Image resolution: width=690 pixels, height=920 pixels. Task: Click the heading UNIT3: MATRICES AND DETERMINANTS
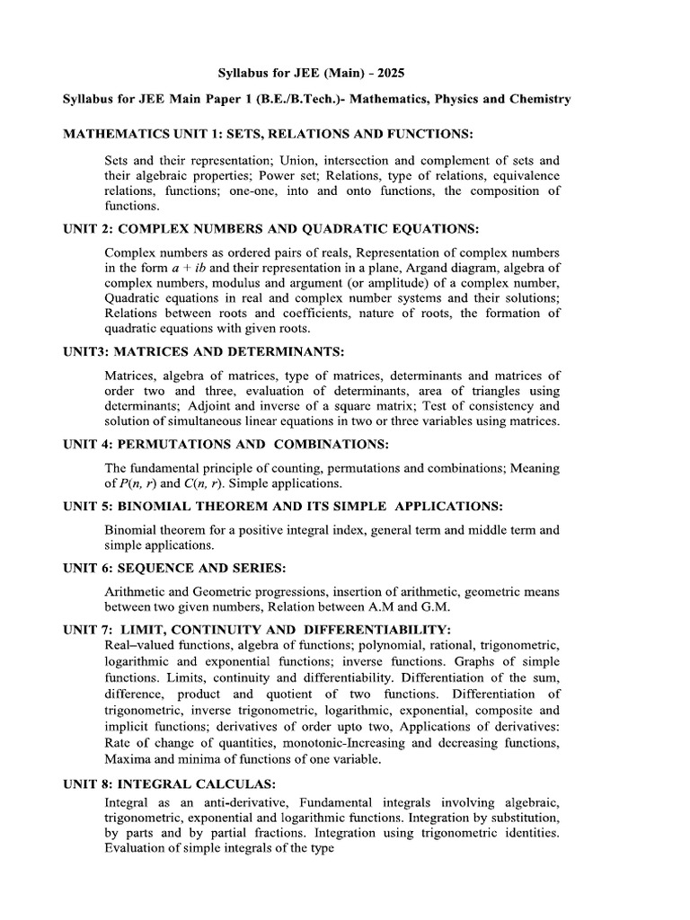[203, 349]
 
